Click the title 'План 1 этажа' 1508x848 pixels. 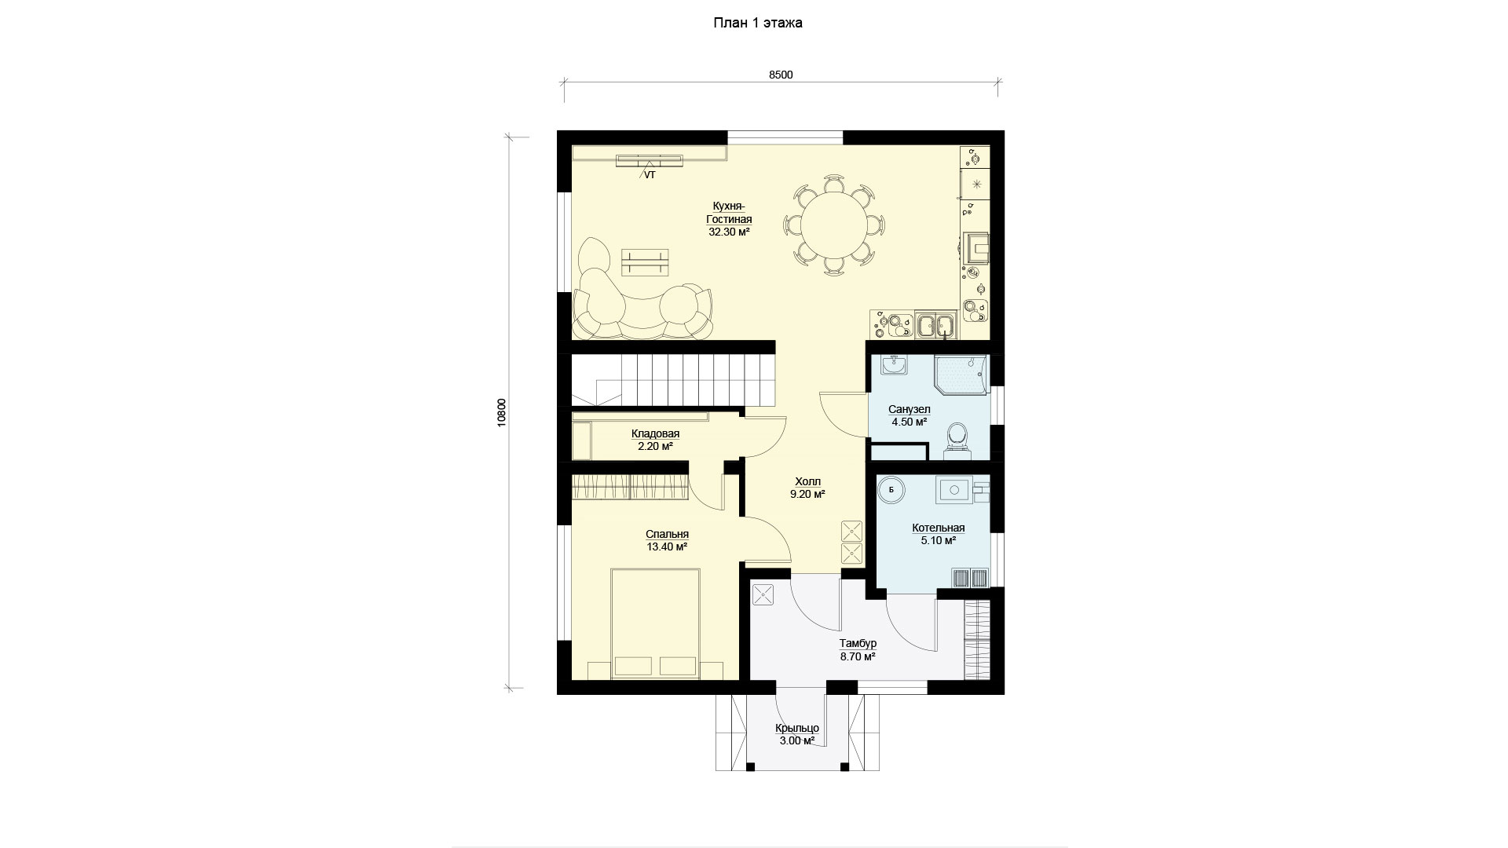757,24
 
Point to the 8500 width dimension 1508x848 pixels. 781,75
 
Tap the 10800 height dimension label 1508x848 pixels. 502,412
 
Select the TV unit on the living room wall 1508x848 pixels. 649,162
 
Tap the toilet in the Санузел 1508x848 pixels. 957,439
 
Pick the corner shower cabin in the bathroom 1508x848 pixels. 960,376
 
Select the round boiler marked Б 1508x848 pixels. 891,489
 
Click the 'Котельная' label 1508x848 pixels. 939,528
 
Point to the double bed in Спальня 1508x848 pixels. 655,624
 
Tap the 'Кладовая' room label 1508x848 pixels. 655,433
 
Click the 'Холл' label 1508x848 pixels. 807,481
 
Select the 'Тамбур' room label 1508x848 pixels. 858,643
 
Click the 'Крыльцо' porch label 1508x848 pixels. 796,728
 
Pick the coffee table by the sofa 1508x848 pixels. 645,262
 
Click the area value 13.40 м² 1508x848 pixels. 667,546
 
